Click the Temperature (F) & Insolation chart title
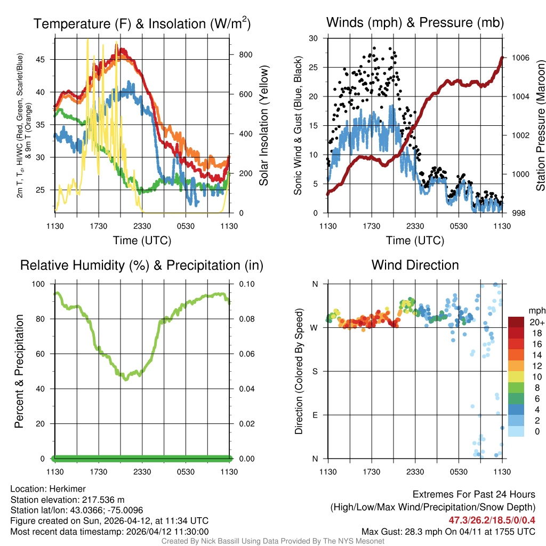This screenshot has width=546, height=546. [142, 23]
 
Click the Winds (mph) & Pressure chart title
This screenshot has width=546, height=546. [415, 22]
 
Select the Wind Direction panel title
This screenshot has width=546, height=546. [415, 265]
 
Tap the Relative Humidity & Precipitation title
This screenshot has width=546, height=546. [142, 265]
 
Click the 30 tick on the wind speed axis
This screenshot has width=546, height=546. [314, 38]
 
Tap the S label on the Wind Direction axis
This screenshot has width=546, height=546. [316, 371]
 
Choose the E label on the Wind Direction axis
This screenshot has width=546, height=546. [316, 415]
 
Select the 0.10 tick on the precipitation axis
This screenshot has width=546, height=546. [243, 284]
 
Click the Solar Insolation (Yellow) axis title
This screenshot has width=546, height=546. [263, 125]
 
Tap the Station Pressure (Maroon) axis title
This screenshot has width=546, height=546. [540, 125]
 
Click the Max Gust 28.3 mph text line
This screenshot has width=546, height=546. [448, 531]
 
